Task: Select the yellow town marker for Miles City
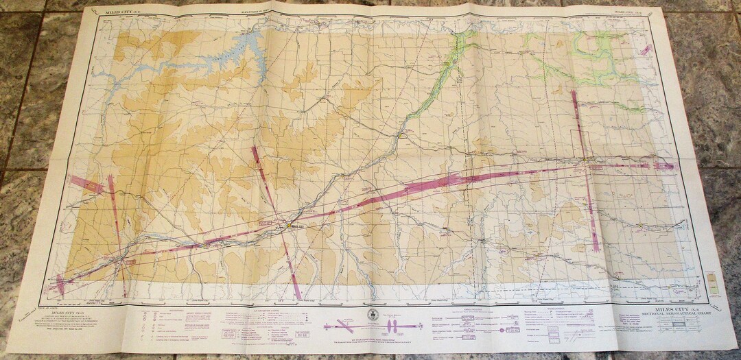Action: click(285, 225)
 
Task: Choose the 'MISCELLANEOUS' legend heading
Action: click(542, 308)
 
